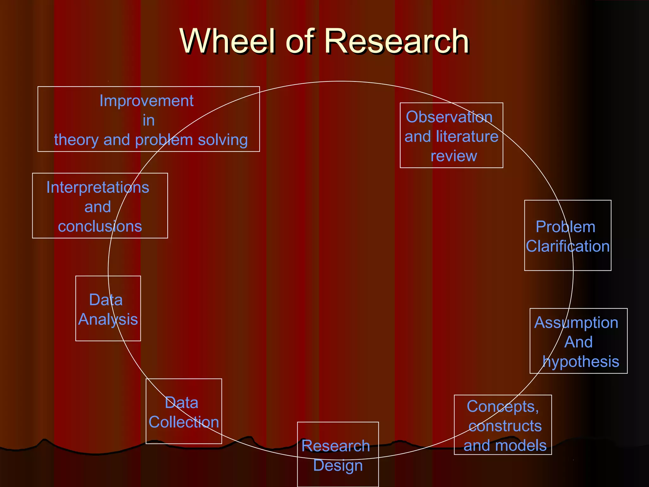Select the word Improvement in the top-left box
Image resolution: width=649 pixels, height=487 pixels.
(x=146, y=101)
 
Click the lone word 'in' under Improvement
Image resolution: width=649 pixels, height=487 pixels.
(x=149, y=120)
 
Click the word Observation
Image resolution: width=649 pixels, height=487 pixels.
(x=449, y=117)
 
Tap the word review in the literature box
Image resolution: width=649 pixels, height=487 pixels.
(x=454, y=156)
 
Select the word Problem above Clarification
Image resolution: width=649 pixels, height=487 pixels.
(x=565, y=227)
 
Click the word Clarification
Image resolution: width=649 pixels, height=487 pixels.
(x=568, y=246)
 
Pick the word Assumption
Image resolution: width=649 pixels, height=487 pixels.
(x=576, y=323)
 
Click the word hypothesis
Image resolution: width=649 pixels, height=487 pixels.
(x=581, y=362)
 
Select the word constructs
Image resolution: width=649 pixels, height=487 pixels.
(x=505, y=426)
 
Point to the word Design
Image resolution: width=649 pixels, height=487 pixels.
(x=338, y=465)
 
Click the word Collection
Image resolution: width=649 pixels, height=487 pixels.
(x=184, y=422)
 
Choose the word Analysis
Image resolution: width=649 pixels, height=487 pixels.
(x=108, y=319)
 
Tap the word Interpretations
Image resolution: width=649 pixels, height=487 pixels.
(x=98, y=187)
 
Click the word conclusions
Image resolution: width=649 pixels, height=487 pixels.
(x=100, y=226)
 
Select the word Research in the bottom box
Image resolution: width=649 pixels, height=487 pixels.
(x=336, y=446)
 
